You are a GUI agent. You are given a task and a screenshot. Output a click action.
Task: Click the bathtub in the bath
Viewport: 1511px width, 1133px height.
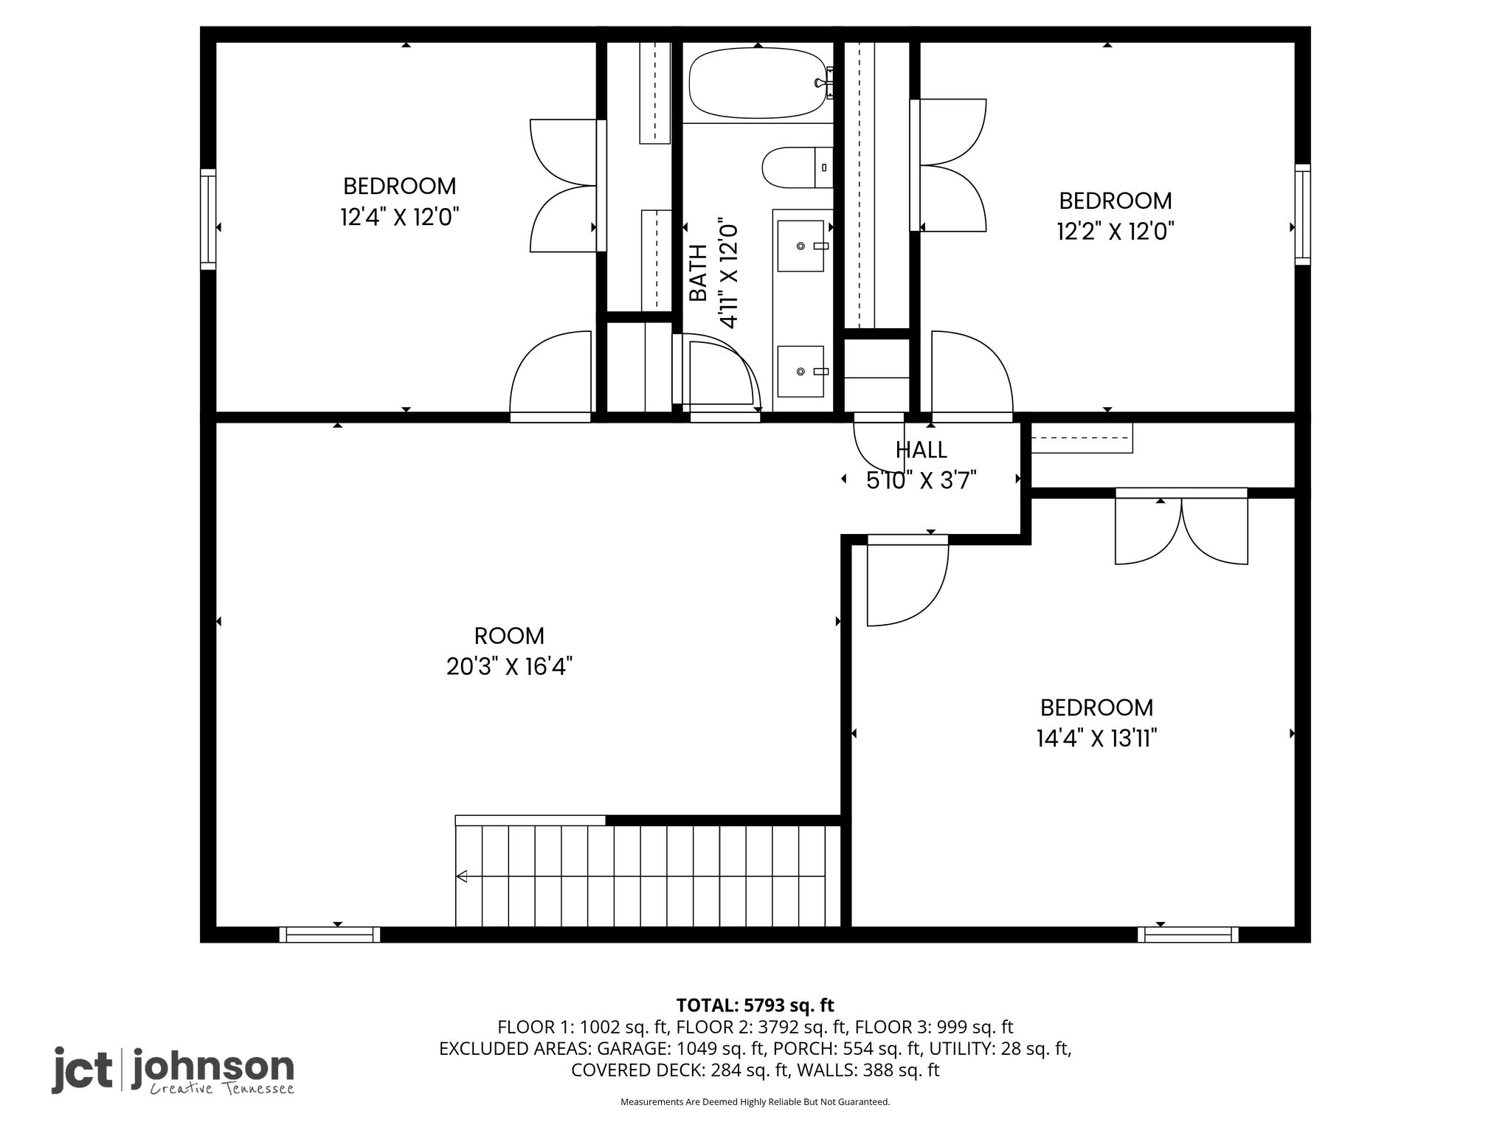(757, 83)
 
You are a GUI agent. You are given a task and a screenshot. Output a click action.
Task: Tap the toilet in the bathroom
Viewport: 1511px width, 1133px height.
(797, 168)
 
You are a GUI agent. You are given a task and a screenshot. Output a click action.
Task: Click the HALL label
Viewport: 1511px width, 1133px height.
(922, 450)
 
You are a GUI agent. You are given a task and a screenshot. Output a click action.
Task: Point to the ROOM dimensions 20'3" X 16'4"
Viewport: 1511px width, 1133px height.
(510, 667)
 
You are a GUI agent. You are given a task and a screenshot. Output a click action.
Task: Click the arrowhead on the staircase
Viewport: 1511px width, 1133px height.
(462, 876)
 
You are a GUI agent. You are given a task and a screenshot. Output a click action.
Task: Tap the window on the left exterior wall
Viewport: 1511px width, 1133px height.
(208, 219)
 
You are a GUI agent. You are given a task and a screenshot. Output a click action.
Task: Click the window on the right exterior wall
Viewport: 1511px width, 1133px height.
(1303, 214)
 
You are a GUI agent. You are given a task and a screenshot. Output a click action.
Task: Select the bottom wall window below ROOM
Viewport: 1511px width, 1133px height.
(330, 935)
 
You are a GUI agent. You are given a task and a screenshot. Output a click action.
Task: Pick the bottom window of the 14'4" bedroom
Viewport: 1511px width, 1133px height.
(1188, 935)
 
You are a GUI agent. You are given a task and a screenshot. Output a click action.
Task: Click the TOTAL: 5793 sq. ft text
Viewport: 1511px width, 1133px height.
(755, 1005)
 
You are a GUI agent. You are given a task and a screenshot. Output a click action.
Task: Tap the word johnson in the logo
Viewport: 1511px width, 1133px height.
(212, 1068)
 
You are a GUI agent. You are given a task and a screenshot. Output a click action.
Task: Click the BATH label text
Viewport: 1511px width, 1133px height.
(697, 273)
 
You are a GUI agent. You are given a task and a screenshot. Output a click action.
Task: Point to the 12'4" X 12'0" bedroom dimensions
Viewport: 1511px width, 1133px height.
(400, 218)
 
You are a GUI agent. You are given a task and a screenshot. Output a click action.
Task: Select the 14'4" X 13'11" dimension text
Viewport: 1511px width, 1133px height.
(1096, 738)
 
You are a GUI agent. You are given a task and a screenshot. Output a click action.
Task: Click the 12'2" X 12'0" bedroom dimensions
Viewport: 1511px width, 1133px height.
(1116, 232)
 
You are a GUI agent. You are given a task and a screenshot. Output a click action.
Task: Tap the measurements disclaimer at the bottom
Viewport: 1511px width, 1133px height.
(755, 1102)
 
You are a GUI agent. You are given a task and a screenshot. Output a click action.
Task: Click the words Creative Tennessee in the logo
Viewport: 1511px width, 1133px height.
(222, 1089)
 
